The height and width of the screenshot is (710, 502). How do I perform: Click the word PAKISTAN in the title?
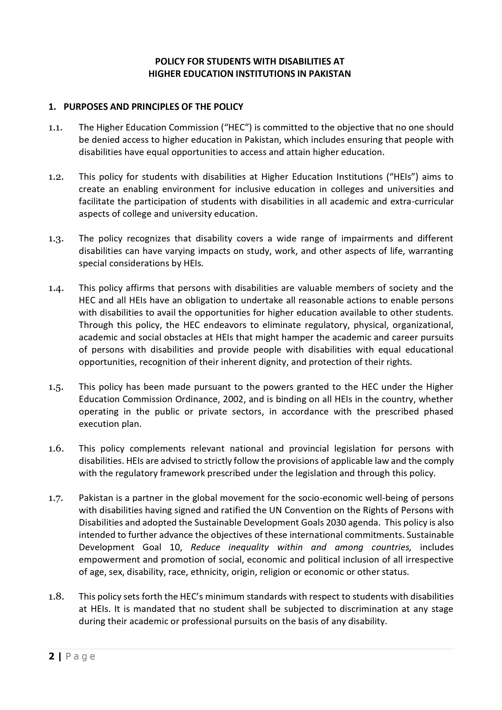point(330,74)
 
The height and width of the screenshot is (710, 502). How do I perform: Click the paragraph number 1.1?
point(56,128)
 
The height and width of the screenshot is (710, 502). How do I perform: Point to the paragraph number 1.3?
point(56,239)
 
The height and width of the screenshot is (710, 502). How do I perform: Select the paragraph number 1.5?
point(56,387)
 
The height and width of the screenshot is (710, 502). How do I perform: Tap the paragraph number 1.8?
point(56,597)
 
